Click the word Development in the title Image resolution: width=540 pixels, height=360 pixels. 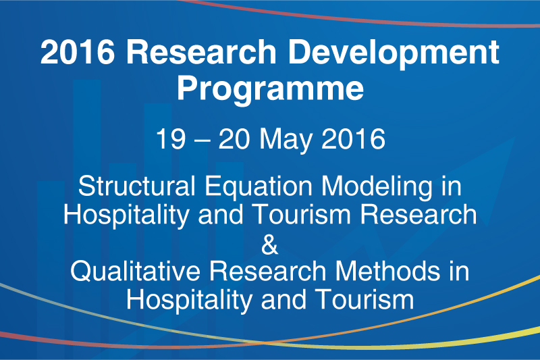394,53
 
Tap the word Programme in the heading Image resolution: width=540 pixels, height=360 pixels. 271,90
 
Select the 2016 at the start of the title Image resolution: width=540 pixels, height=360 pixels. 78,52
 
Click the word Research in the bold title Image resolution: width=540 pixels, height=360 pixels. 201,52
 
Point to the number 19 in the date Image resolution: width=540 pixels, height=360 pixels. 171,139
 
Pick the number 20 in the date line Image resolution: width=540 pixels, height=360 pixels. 234,139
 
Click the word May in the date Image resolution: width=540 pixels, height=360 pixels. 286,140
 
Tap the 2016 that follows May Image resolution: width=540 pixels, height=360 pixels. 353,139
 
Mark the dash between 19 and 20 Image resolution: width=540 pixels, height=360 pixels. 202,140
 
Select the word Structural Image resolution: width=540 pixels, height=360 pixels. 137,186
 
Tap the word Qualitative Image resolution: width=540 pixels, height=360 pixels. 136,271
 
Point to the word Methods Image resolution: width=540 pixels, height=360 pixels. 387,271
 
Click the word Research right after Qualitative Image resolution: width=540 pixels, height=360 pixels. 268,271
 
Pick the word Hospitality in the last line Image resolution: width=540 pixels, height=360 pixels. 189,301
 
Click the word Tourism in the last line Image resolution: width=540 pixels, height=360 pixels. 364,299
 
